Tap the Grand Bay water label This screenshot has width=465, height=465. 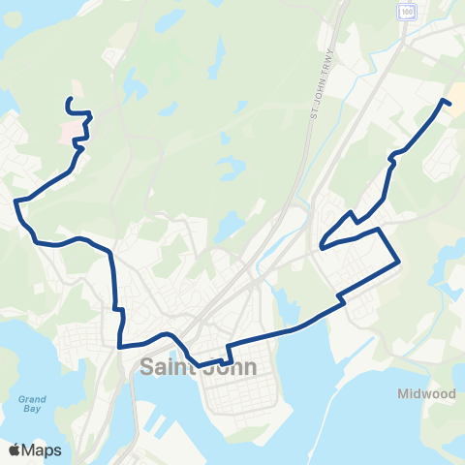pos(32,403)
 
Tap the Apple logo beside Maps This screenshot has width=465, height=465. pos(15,449)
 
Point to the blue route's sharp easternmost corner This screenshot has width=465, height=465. pos(399,262)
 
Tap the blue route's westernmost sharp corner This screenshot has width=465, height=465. pos(16,201)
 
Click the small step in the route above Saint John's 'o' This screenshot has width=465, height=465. pos(229,352)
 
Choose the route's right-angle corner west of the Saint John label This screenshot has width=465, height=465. pos(120,345)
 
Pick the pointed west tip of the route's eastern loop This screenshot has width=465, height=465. pos(320,246)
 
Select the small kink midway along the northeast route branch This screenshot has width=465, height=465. pos(391,160)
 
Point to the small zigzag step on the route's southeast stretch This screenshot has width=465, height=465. pos(342,303)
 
